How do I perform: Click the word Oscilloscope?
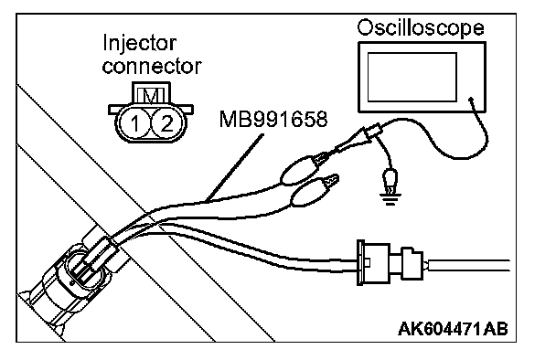(x=421, y=28)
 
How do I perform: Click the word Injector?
(x=139, y=43)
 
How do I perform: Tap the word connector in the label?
(x=152, y=67)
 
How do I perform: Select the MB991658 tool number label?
(x=273, y=120)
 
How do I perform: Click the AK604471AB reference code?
(x=453, y=329)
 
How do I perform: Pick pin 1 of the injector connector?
(x=134, y=123)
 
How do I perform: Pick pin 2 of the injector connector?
(x=167, y=123)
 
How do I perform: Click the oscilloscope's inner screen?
(x=412, y=78)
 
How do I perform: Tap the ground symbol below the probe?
(x=390, y=199)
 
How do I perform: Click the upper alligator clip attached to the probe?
(x=305, y=168)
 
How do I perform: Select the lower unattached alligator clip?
(x=314, y=191)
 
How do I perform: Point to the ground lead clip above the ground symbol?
(x=390, y=181)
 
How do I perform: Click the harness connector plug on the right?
(x=390, y=263)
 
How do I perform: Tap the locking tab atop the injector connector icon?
(x=151, y=94)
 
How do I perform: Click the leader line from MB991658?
(x=235, y=167)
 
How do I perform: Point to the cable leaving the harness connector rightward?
(x=468, y=265)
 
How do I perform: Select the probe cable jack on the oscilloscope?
(x=471, y=100)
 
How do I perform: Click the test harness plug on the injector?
(x=95, y=256)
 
